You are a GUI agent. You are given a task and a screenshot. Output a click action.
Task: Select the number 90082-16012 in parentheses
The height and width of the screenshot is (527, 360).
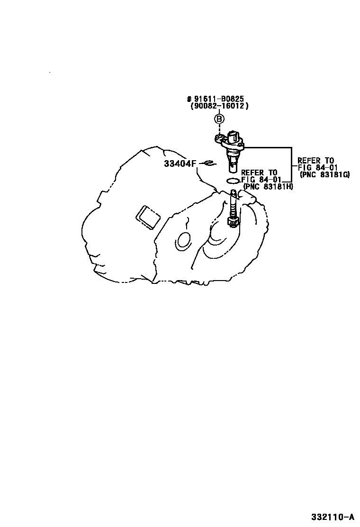219,106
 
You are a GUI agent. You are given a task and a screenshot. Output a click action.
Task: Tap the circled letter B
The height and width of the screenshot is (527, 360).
219,118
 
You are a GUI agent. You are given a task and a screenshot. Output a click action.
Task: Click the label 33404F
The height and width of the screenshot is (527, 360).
180,164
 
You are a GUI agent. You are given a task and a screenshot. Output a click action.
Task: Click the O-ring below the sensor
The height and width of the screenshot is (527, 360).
233,181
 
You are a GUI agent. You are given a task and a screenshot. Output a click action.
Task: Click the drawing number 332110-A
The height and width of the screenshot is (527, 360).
333,516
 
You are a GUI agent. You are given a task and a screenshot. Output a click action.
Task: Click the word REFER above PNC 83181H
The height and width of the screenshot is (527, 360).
252,173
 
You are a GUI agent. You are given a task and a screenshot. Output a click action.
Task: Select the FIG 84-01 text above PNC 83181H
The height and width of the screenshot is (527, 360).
261,180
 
